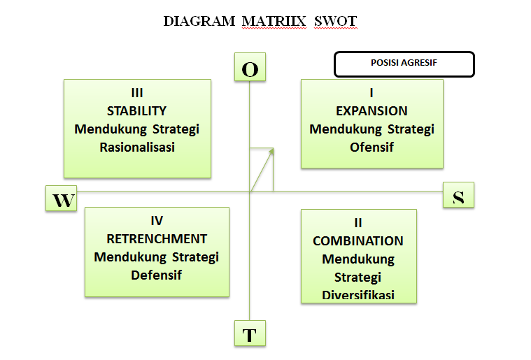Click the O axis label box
[250, 69]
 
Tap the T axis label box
[250, 334]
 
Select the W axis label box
[62, 199]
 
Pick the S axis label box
[458, 195]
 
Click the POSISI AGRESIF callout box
[404, 64]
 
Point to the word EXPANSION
[371, 111]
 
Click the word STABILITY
[137, 111]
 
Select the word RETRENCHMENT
[157, 238]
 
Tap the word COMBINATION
[358, 241]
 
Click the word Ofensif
[371, 147]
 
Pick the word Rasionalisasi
[137, 147]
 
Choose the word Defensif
[157, 275]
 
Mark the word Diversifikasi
[358, 295]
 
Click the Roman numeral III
[137, 93]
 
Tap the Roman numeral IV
[157, 221]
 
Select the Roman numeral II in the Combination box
[358, 223]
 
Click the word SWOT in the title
[336, 21]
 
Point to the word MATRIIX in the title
[274, 21]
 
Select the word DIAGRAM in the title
[199, 21]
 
